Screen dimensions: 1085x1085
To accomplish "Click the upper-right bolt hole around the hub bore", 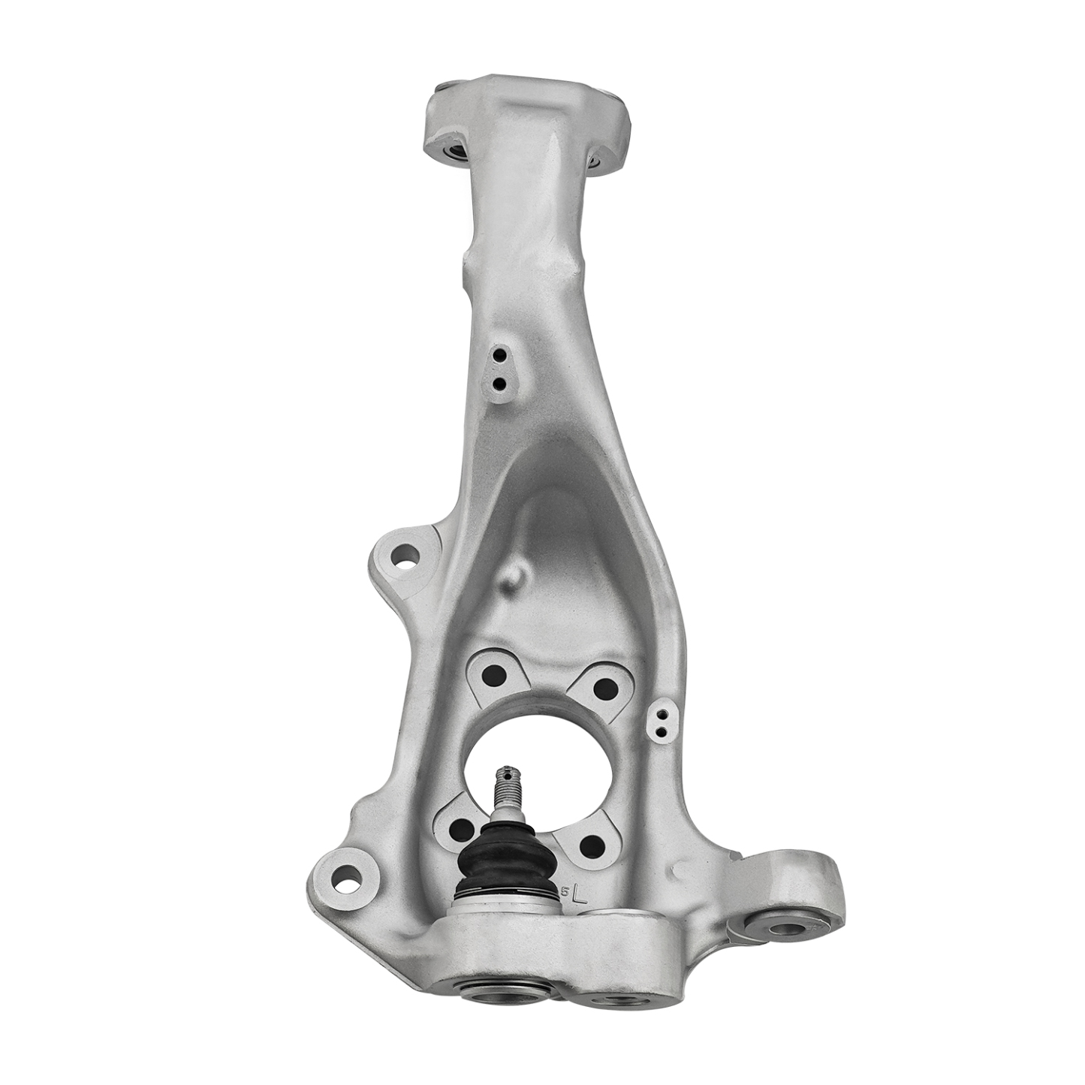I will pos(605,687).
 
